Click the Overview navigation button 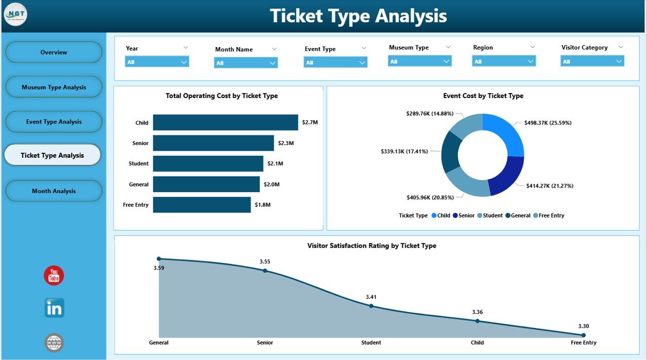(x=54, y=52)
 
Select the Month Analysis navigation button (x=54, y=191)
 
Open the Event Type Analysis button (x=54, y=122)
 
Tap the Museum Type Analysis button (x=54, y=87)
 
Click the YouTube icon (x=54, y=276)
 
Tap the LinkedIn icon (x=54, y=308)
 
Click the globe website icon (x=54, y=343)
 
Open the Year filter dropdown (x=157, y=62)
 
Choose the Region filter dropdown (x=503, y=61)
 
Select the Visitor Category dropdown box (x=592, y=61)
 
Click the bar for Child (x=225, y=122)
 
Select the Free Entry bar (x=202, y=205)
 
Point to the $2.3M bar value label (x=286, y=143)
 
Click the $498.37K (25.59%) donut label (x=548, y=122)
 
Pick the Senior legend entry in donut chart (x=464, y=215)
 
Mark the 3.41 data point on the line (x=371, y=305)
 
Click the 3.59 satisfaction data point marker (x=159, y=258)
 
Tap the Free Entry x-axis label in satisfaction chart (x=583, y=342)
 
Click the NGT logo (x=15, y=15)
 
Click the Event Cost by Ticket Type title (x=483, y=96)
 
